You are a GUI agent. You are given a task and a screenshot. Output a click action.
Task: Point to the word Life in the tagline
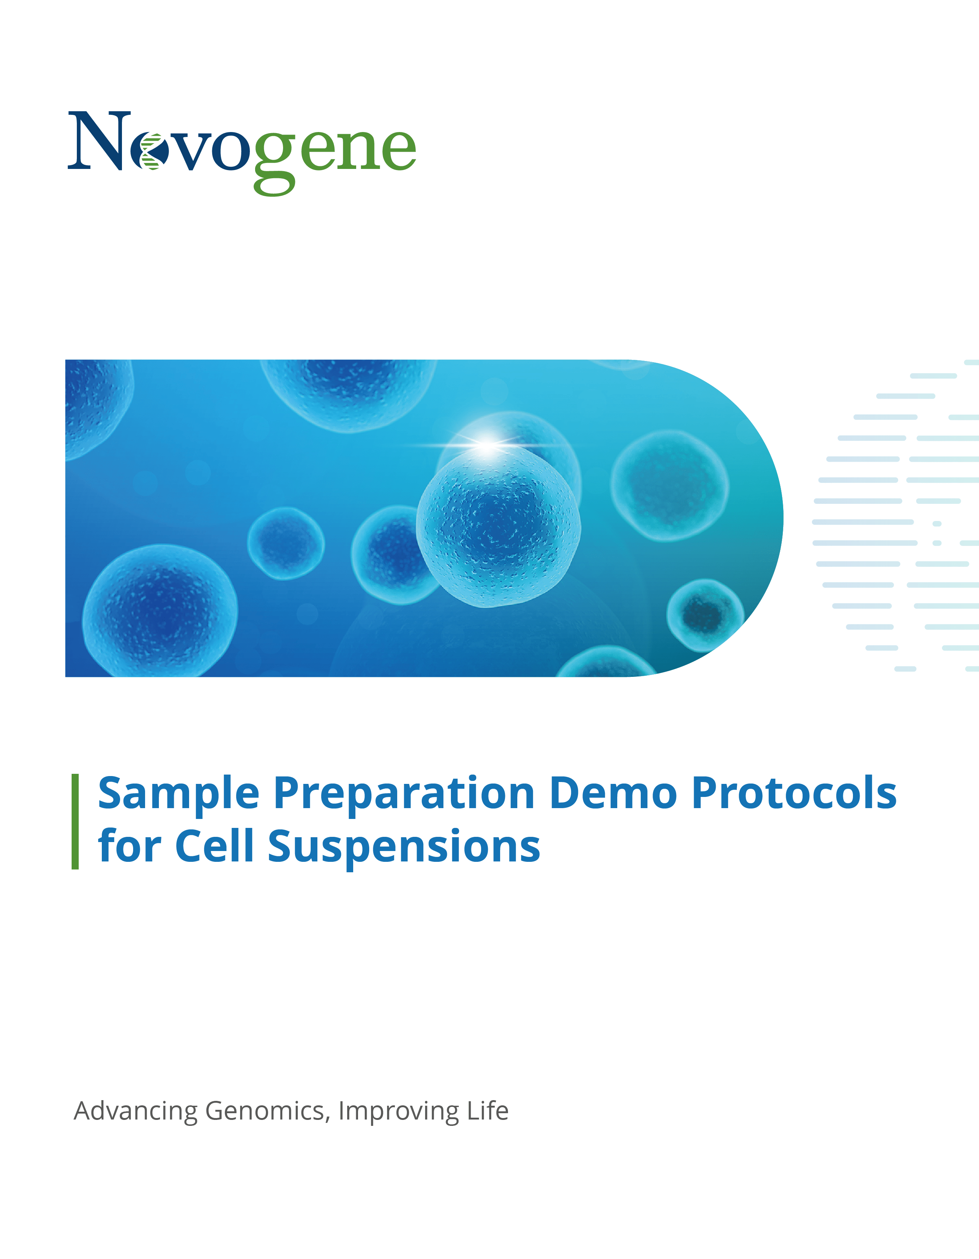pyautogui.click(x=487, y=1110)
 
